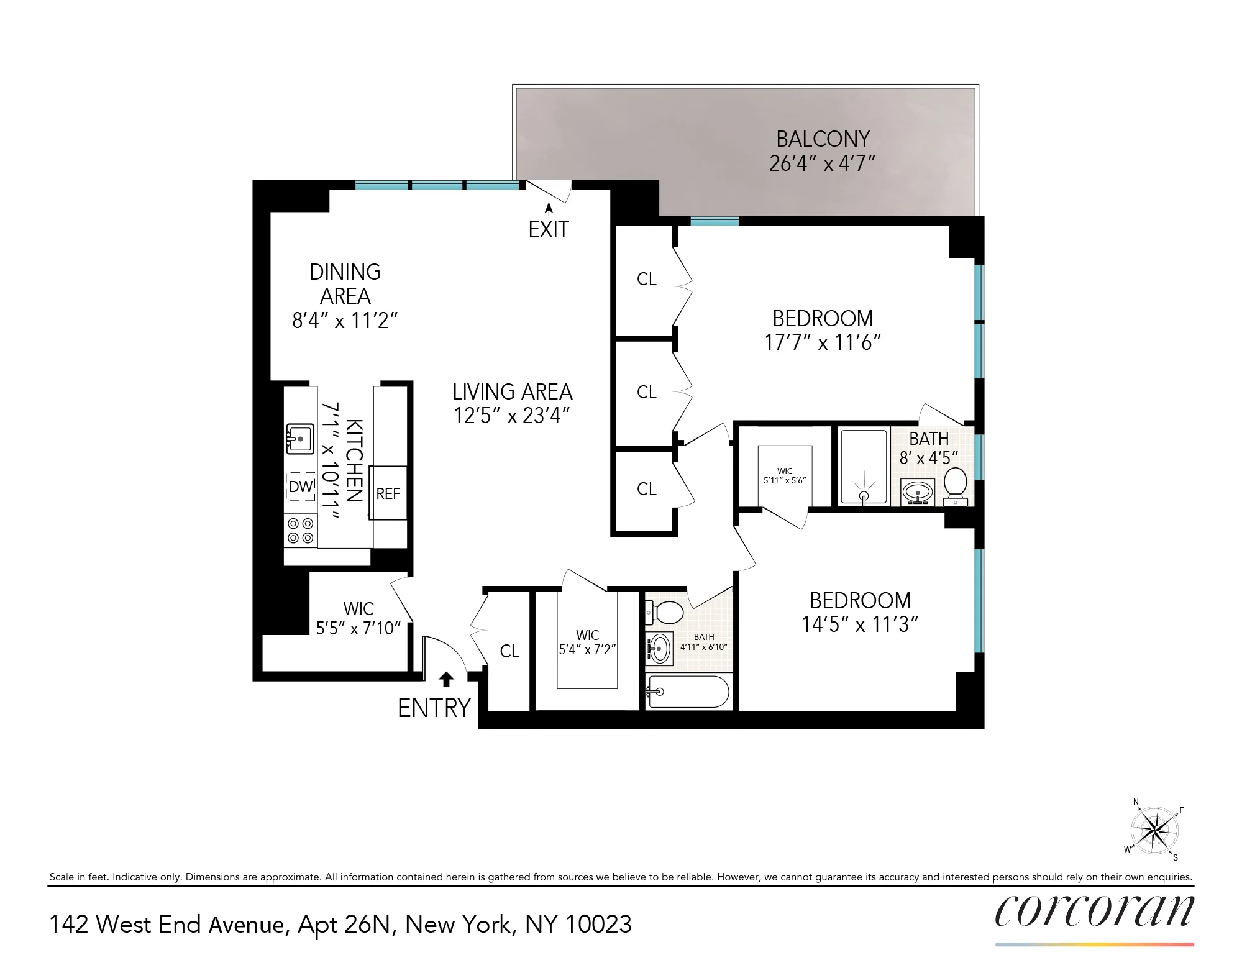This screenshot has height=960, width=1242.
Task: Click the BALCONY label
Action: coord(823,139)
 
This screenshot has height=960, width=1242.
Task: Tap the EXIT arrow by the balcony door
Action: coord(549,209)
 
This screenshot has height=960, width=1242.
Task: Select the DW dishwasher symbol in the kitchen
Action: coord(301,487)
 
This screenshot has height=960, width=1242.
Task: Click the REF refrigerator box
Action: coord(388,493)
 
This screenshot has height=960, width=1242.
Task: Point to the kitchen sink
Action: coord(299,439)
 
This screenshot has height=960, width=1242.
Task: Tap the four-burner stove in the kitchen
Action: coord(300,531)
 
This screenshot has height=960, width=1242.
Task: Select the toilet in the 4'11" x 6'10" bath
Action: coord(665,612)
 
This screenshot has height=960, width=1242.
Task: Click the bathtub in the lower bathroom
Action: coord(687,691)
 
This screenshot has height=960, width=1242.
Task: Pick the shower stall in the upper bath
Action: coord(863,467)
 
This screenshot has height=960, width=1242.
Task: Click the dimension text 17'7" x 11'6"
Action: coord(823,342)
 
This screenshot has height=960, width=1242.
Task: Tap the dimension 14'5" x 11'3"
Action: coord(860,624)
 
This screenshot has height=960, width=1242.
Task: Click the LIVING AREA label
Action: coord(512,392)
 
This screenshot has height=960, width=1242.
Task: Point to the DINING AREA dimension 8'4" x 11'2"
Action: coord(345,321)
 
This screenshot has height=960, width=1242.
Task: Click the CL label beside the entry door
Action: coord(509,651)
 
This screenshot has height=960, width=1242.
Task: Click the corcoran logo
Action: coord(1094,912)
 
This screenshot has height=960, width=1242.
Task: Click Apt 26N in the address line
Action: coord(345,925)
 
